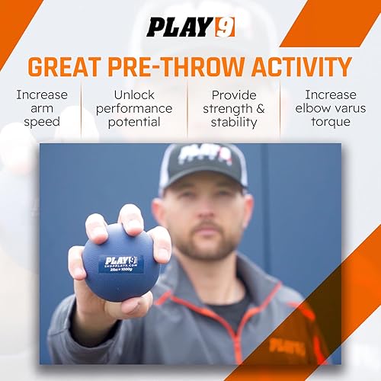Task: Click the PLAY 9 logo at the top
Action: click(190, 27)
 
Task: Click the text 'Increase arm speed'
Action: click(41, 108)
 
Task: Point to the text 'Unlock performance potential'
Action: click(134, 108)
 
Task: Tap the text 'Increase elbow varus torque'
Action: click(330, 108)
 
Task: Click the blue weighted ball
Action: click(121, 262)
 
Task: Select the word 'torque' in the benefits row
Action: click(330, 122)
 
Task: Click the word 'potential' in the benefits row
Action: click(134, 122)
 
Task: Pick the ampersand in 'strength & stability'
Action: click(259, 108)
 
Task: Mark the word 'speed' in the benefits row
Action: click(41, 122)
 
